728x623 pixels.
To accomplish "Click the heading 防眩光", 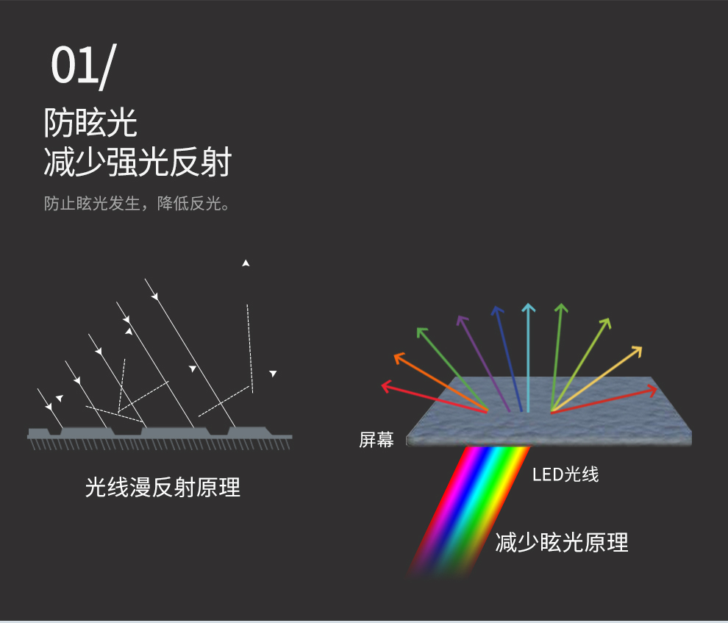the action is (90, 123).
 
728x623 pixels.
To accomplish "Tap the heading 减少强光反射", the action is (138, 162).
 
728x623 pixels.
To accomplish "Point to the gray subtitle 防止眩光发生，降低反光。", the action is (137, 203).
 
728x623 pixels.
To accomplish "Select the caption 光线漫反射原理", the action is (163, 488).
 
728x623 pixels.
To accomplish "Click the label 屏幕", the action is (377, 440).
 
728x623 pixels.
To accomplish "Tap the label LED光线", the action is (565, 474).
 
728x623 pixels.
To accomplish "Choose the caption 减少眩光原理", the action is (562, 542).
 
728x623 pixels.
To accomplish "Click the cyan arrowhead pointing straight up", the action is (529, 307).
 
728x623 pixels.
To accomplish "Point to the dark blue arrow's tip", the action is (496, 307).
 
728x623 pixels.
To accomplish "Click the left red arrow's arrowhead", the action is (385, 386).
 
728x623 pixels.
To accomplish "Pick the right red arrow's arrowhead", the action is (653, 391).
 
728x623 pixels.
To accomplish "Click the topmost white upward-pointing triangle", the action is (246, 263).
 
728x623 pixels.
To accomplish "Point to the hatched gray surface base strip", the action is (160, 438).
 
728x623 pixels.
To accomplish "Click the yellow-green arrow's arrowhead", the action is (606, 322).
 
